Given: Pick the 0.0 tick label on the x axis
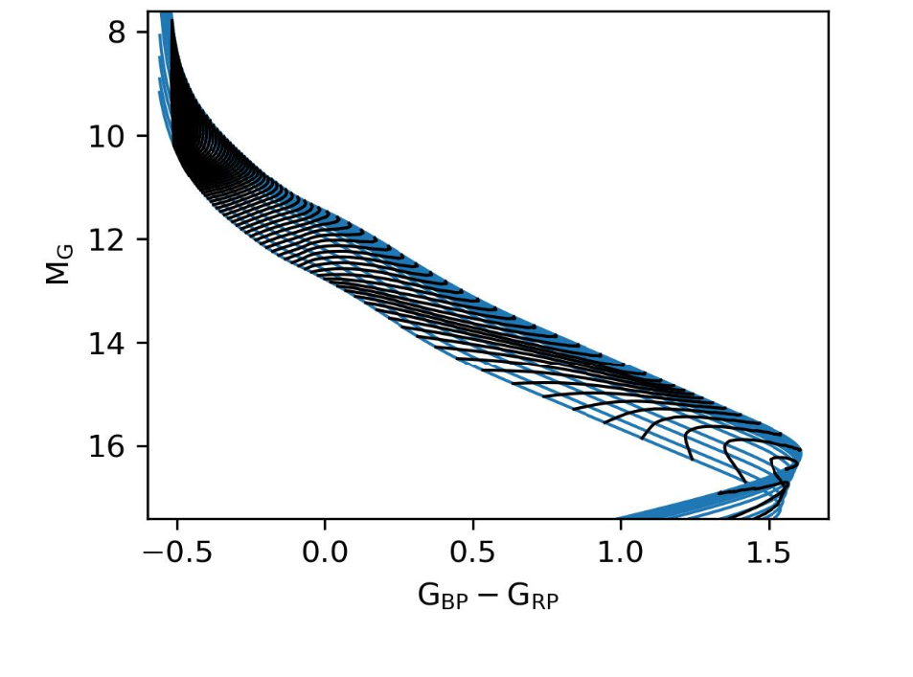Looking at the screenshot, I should pos(324,553).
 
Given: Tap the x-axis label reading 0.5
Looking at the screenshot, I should pos(472,553).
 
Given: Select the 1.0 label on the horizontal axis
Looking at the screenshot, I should pos(620,553).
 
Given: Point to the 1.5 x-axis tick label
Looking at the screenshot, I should pos(768,553).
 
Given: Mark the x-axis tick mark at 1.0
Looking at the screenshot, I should pos(620,523).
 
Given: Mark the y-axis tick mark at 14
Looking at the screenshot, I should pos(145,342).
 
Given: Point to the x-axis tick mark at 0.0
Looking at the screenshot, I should pos(324,523).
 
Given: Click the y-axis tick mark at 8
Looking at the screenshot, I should pos(145,32).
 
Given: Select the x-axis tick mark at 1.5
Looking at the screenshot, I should pos(768,523).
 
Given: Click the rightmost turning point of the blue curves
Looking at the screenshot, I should pos(801,453).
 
